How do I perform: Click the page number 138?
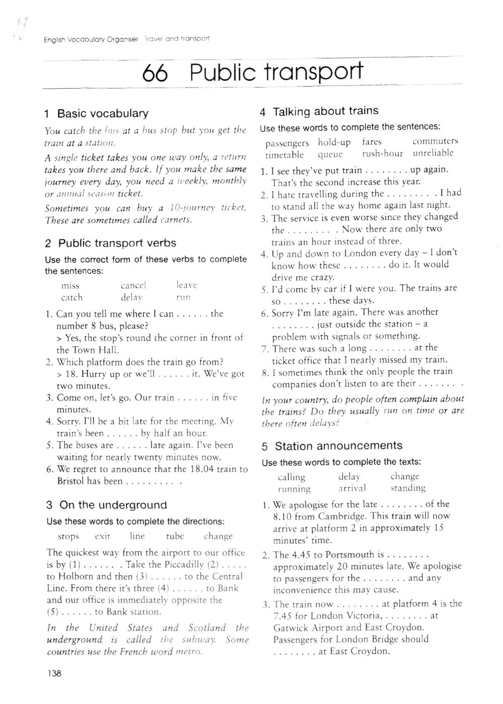point(54,673)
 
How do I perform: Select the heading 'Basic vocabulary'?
point(103,113)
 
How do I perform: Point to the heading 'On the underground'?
point(113,505)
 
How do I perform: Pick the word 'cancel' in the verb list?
point(133,285)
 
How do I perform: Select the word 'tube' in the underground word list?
point(175,536)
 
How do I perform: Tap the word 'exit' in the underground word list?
point(102,536)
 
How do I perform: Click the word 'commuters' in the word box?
point(435,141)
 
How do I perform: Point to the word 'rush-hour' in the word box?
point(382,153)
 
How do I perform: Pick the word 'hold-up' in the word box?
point(334,142)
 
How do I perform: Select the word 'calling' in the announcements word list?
point(292,477)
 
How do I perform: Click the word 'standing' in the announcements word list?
point(408,488)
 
